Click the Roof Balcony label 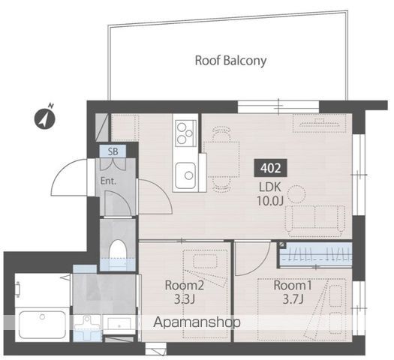click(230, 61)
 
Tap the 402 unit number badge click(271, 168)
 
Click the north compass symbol click(45, 118)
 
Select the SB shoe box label click(113, 151)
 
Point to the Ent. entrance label click(108, 181)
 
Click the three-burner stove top click(185, 133)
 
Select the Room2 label click(184, 286)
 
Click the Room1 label click(293, 285)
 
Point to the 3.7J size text click(293, 299)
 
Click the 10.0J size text click(270, 200)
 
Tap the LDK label click(269, 187)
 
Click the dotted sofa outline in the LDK click(315, 220)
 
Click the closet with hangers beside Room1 click(316, 253)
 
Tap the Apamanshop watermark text click(197, 322)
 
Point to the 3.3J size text click(185, 299)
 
